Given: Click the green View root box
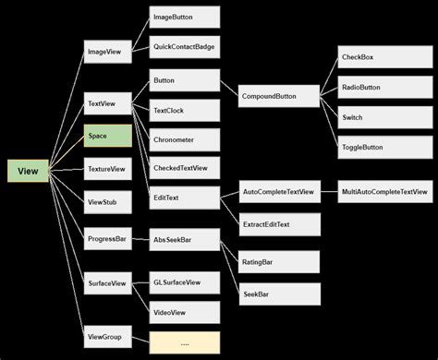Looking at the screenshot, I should click(28, 171).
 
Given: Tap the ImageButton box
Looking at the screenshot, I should click(184, 17).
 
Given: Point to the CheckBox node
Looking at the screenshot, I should click(372, 57).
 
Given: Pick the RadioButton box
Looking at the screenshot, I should click(372, 89).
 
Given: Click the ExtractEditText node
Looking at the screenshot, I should click(280, 224).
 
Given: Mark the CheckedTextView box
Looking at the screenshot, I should click(184, 168).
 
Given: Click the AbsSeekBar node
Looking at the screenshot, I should click(184, 240).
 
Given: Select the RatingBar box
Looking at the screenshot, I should click(280, 261).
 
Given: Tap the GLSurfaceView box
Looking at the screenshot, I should click(184, 282).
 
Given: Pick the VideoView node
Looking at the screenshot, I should click(184, 312).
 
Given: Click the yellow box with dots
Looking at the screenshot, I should click(184, 342).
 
